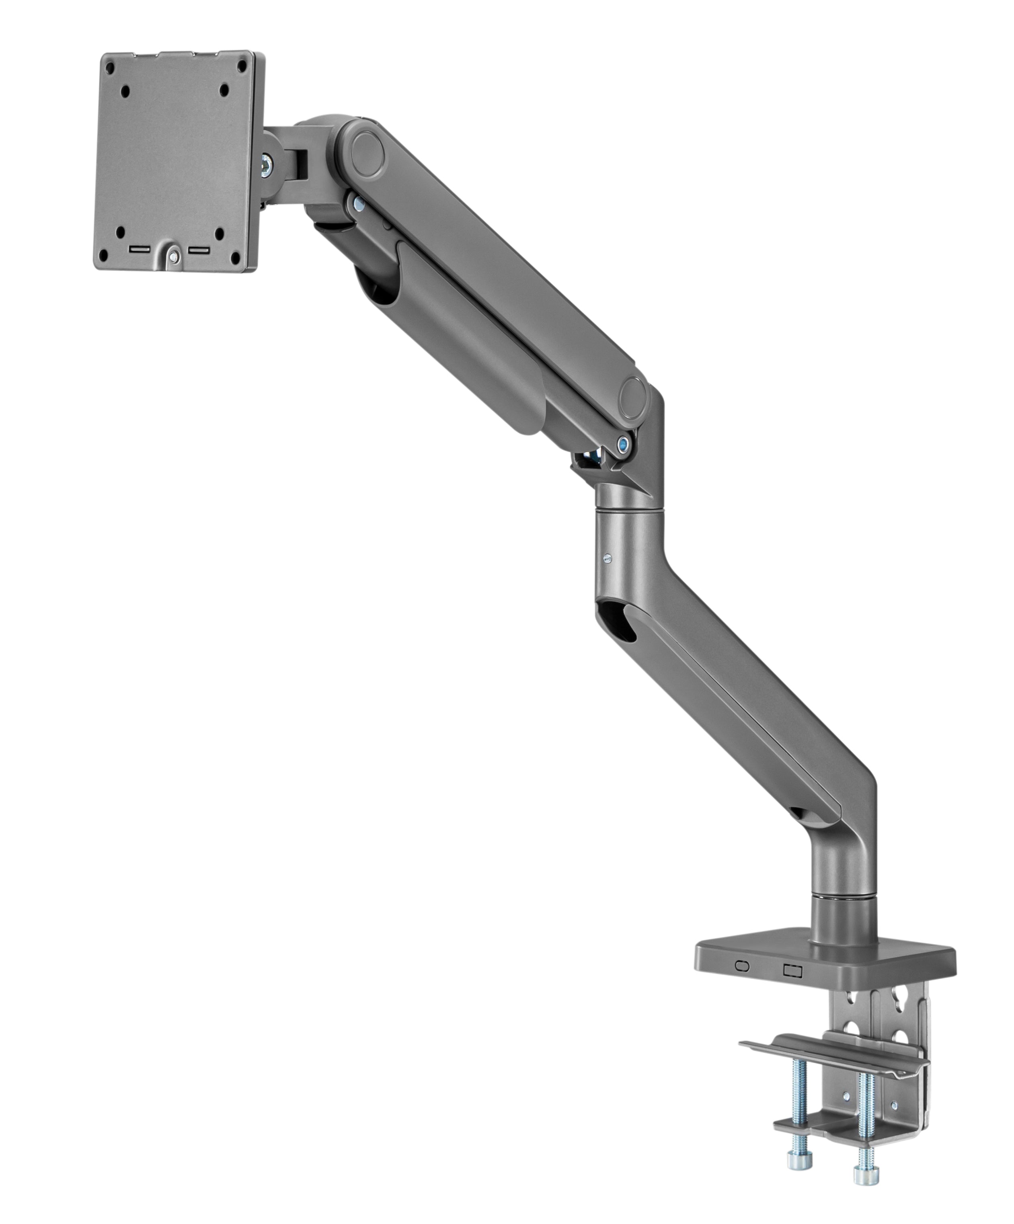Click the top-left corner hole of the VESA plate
tap(111, 67)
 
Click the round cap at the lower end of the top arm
tap(633, 398)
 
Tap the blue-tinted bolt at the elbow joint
tap(624, 443)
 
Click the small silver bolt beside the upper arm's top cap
tap(358, 203)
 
